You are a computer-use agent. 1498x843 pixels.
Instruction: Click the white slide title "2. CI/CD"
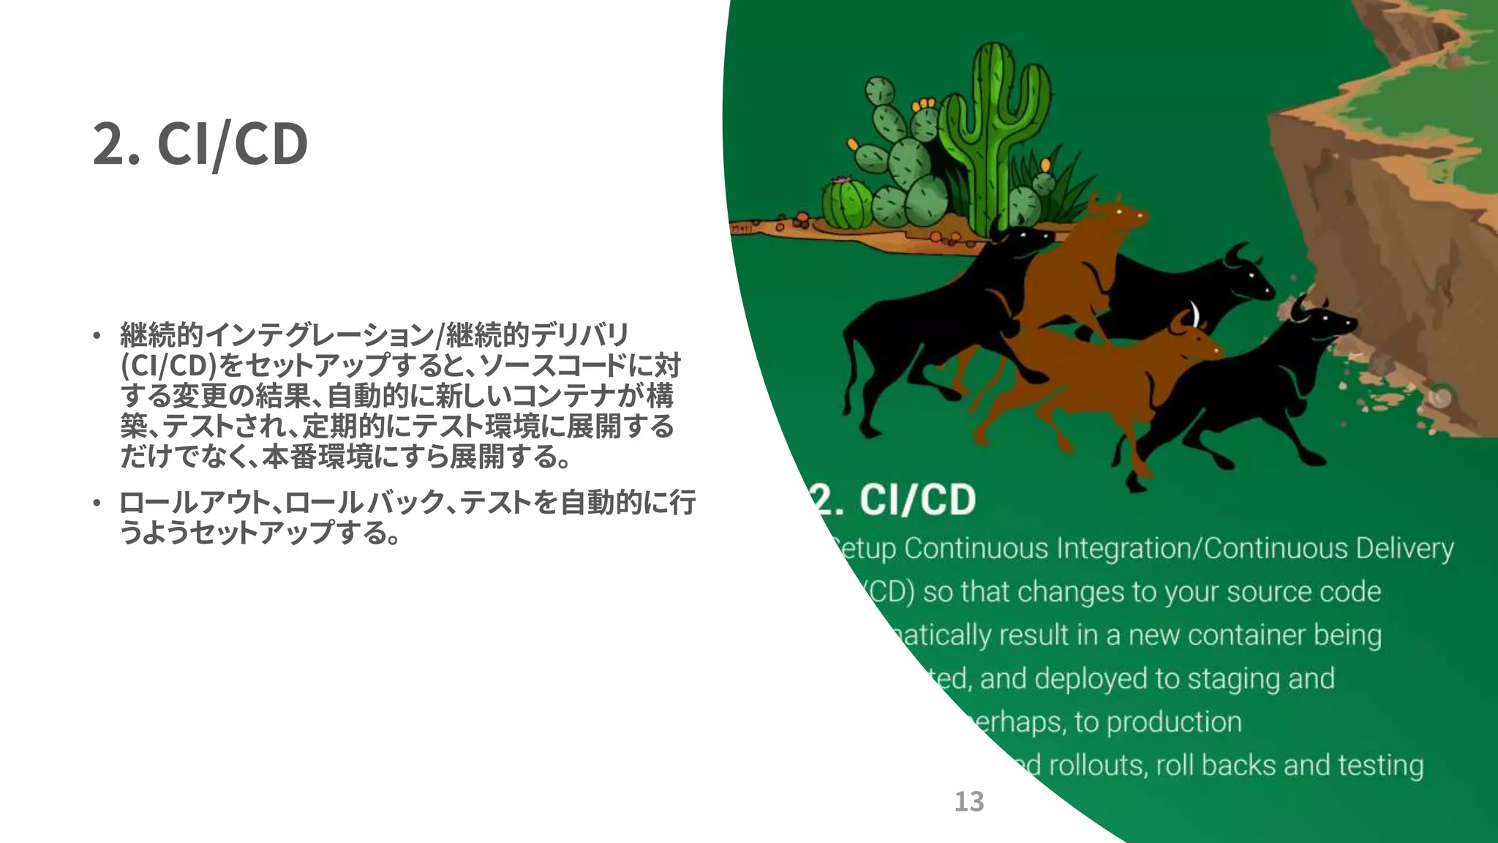pyautogui.click(x=894, y=500)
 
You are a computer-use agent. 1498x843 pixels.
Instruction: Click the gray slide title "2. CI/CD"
pyautogui.click(x=200, y=144)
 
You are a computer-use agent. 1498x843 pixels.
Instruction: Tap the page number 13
pyautogui.click(x=969, y=802)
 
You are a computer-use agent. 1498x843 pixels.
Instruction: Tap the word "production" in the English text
pyautogui.click(x=1174, y=722)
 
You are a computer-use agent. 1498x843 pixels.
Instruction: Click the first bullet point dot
pyautogui.click(x=97, y=337)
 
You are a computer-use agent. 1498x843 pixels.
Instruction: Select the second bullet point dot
pyautogui.click(x=97, y=503)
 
